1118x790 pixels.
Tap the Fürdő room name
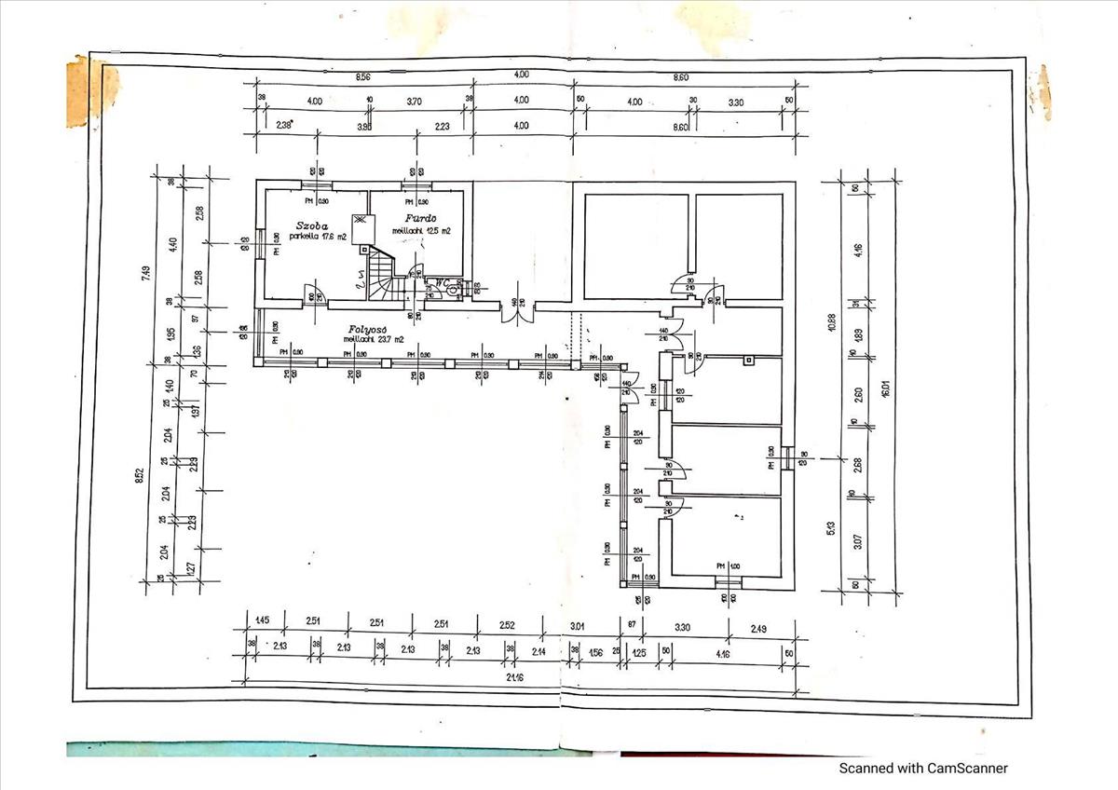pyautogui.click(x=421, y=219)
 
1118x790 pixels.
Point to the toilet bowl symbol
pyautogui.click(x=453, y=290)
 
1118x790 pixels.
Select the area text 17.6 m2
pyautogui.click(x=332, y=237)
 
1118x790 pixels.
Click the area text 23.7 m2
pyautogui.click(x=388, y=340)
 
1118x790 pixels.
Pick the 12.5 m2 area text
pyautogui.click(x=439, y=230)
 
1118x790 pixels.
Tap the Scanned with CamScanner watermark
pyautogui.click(x=923, y=769)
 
